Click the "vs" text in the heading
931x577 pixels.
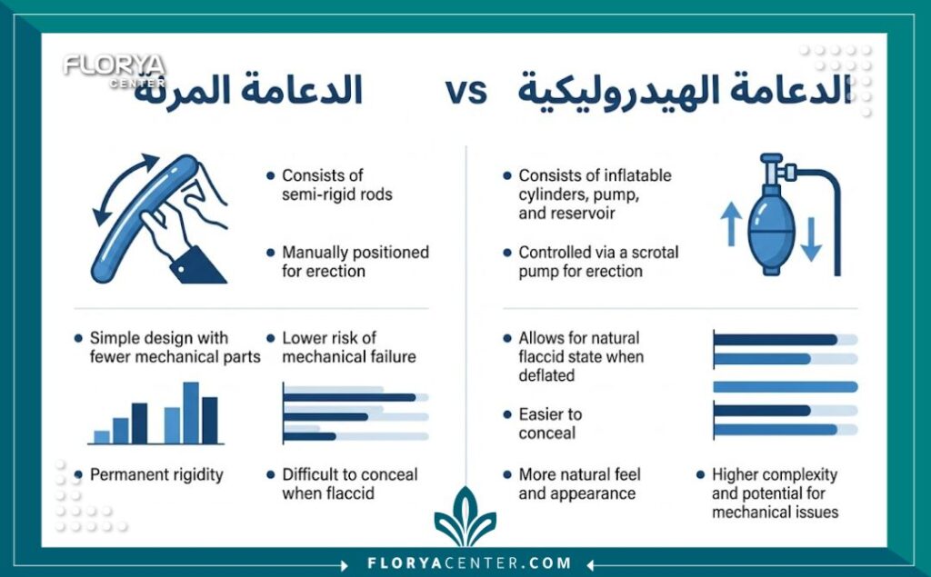(x=465, y=92)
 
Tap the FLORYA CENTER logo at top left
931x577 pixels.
(x=115, y=69)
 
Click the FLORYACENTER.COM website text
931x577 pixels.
(x=469, y=563)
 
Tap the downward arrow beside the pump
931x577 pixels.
(x=811, y=241)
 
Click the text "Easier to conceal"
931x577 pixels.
(x=550, y=423)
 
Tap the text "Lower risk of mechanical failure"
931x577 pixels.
(x=348, y=347)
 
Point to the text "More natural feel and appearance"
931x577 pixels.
(x=579, y=484)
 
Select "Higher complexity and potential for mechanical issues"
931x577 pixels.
(x=775, y=493)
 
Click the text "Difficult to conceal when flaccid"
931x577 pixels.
(x=349, y=483)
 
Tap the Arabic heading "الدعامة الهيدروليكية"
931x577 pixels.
(x=684, y=92)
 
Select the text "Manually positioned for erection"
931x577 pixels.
(x=355, y=262)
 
